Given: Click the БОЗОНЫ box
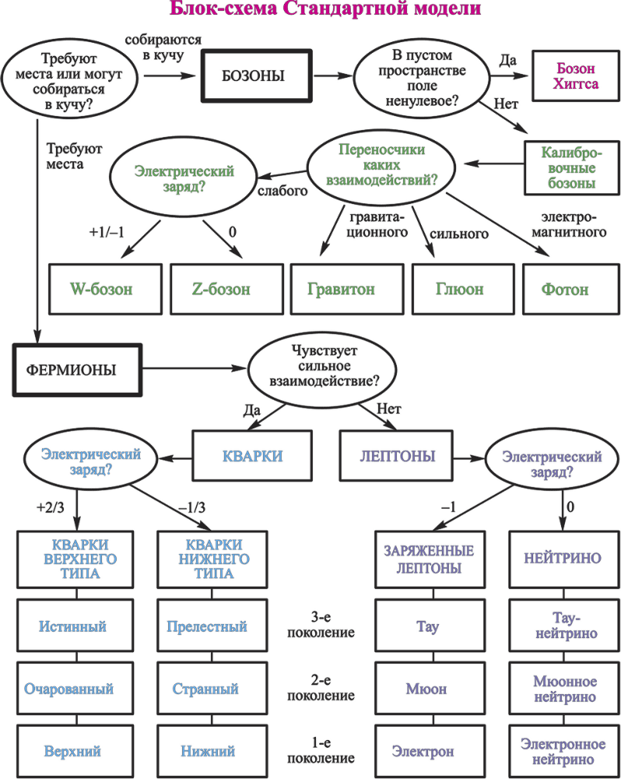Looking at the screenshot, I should (252, 76).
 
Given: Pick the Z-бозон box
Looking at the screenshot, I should (221, 289).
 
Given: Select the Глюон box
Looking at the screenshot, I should (459, 289).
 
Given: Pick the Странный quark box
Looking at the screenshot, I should (205, 689).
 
